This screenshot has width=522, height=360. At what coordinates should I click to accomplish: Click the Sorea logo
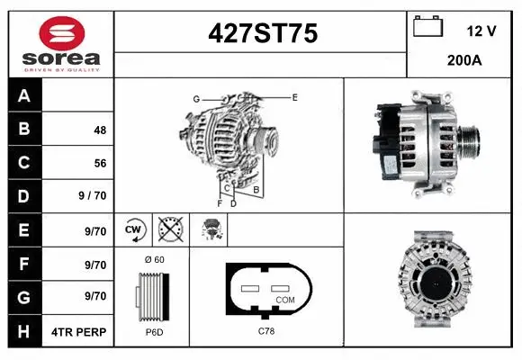pos(60,43)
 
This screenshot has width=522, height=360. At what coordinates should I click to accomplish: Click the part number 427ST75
pos(262,33)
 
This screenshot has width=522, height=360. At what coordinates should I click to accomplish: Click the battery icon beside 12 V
pos(427,28)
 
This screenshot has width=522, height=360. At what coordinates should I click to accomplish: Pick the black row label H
pos(24,331)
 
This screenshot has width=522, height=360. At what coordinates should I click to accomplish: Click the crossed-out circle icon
pos(169,229)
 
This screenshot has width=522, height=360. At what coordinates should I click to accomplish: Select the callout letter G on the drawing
pos(195,99)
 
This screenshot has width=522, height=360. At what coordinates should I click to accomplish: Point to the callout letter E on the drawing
pos(294,95)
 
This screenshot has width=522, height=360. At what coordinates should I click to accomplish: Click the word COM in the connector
pos(284,299)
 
